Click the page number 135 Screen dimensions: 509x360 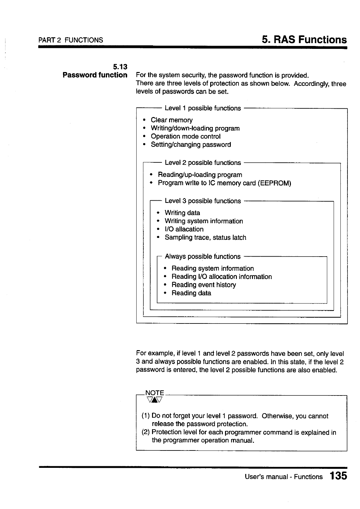(x=338, y=476)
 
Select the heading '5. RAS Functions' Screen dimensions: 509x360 (x=304, y=40)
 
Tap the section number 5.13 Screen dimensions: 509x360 (x=120, y=67)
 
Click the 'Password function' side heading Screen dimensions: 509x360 (x=95, y=75)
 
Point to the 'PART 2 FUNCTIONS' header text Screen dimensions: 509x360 (x=71, y=40)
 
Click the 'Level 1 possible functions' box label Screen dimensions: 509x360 (x=203, y=108)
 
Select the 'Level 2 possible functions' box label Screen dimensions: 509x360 (x=203, y=163)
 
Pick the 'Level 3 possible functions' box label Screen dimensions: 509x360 (x=203, y=201)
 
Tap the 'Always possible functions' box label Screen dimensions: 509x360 (x=203, y=257)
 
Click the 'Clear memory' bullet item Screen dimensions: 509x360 (x=172, y=120)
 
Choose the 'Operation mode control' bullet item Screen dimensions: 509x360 (x=185, y=136)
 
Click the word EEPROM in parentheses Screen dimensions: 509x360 (x=274, y=183)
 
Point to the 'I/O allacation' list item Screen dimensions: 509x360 (x=184, y=229)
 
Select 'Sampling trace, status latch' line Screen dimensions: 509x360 (x=205, y=238)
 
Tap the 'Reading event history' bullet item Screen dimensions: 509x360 (x=203, y=285)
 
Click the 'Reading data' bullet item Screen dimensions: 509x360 (x=191, y=293)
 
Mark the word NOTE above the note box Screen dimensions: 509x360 (x=155, y=393)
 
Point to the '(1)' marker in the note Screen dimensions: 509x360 (x=146, y=416)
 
